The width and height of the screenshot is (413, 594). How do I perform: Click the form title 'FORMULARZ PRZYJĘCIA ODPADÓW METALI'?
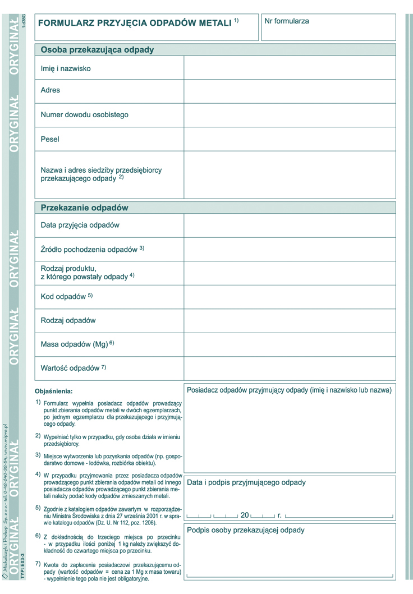click(x=135, y=23)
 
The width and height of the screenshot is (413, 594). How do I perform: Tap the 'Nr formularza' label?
click(x=287, y=21)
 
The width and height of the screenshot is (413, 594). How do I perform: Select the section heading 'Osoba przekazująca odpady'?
click(x=97, y=49)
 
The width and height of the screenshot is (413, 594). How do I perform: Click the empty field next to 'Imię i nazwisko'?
click(x=290, y=68)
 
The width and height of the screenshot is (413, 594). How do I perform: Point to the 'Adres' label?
click(x=51, y=90)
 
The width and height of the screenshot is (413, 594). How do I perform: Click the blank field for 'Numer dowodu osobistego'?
click(x=290, y=115)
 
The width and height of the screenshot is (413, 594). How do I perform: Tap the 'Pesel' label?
click(x=50, y=139)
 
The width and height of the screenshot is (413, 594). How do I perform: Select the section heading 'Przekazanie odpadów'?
click(x=85, y=208)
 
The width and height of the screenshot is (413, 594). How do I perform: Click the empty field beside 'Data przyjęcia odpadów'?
click(x=290, y=225)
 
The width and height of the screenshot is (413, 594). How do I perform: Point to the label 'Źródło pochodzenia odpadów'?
click(x=89, y=248)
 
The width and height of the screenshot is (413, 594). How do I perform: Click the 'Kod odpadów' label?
click(x=63, y=296)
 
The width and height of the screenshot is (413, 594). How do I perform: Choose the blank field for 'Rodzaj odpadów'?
click(x=290, y=321)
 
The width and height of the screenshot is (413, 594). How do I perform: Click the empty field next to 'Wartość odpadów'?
click(x=290, y=369)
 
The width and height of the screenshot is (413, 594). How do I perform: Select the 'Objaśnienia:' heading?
click(x=54, y=391)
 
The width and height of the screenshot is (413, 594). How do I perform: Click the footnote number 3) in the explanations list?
click(x=38, y=455)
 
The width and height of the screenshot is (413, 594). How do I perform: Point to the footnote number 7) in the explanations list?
click(x=38, y=563)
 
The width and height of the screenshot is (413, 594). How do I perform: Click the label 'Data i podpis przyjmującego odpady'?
click(x=246, y=482)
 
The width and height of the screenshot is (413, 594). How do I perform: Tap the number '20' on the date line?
click(x=245, y=514)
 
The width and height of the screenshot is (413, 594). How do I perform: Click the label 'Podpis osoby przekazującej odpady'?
click(x=246, y=530)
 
